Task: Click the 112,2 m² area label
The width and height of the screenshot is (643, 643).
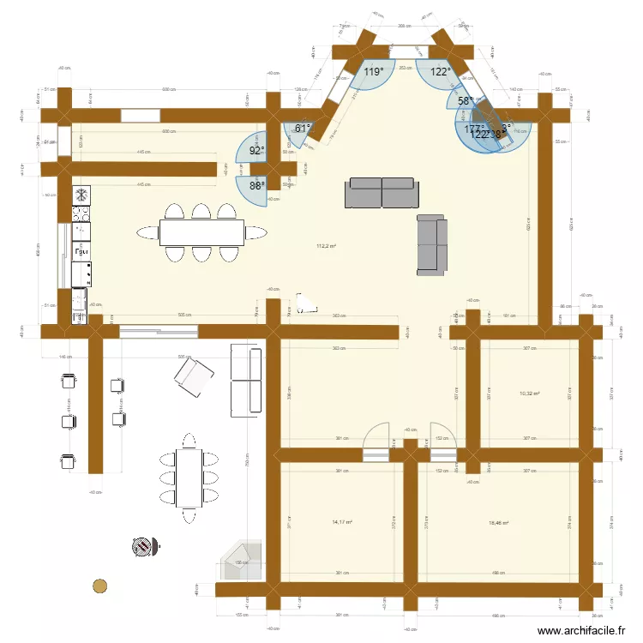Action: coord(326,246)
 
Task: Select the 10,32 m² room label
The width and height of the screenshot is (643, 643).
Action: coord(531,394)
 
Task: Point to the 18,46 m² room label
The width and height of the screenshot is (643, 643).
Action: coord(498,522)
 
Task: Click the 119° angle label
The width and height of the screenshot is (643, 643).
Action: coord(373,73)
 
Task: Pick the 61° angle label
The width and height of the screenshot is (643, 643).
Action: coord(302,129)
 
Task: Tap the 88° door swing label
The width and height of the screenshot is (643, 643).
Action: coord(257,184)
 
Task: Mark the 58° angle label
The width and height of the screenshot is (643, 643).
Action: coord(464,101)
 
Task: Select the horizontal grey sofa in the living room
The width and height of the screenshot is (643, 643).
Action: coord(382,193)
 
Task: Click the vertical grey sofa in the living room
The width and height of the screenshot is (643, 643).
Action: coord(431,243)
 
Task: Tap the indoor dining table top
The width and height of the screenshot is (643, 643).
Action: coord(201,231)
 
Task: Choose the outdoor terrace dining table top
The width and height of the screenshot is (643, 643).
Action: coord(189,477)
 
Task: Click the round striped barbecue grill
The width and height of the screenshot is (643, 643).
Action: coord(145,545)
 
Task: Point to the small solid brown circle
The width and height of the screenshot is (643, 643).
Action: coord(100,586)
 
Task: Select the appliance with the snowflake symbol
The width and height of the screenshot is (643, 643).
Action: coord(81,194)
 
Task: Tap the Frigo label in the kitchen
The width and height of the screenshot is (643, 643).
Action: coord(82,253)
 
